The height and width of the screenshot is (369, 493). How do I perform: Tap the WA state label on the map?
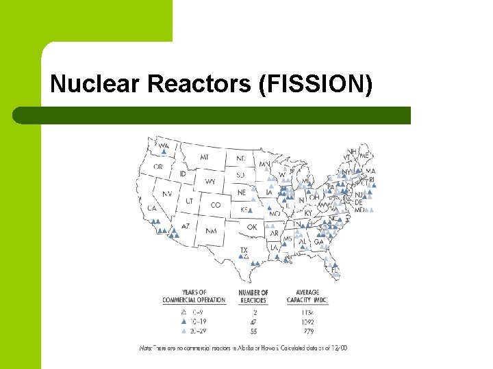[163, 145]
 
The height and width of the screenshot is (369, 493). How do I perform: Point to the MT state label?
[205, 157]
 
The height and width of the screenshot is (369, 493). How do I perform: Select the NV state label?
[166, 194]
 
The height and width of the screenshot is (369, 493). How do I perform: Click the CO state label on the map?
[216, 204]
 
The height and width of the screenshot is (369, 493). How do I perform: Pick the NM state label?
[210, 231]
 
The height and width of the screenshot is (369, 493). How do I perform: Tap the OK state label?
[251, 227]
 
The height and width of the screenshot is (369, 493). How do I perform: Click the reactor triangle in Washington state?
[164, 152]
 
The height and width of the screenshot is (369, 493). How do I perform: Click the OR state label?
[158, 167]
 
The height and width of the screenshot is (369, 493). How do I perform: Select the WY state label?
[210, 182]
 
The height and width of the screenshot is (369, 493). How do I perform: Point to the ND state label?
[240, 159]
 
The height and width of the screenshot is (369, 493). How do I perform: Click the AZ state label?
[185, 225]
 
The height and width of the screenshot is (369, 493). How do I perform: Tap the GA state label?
[318, 242]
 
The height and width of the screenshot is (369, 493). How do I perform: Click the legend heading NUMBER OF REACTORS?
[253, 296]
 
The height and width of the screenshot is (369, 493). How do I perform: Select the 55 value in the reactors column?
[253, 331]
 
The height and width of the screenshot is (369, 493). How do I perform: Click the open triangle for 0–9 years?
[184, 312]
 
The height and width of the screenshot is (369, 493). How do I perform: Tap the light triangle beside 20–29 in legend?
[184, 331]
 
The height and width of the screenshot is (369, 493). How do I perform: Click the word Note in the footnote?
[147, 348]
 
